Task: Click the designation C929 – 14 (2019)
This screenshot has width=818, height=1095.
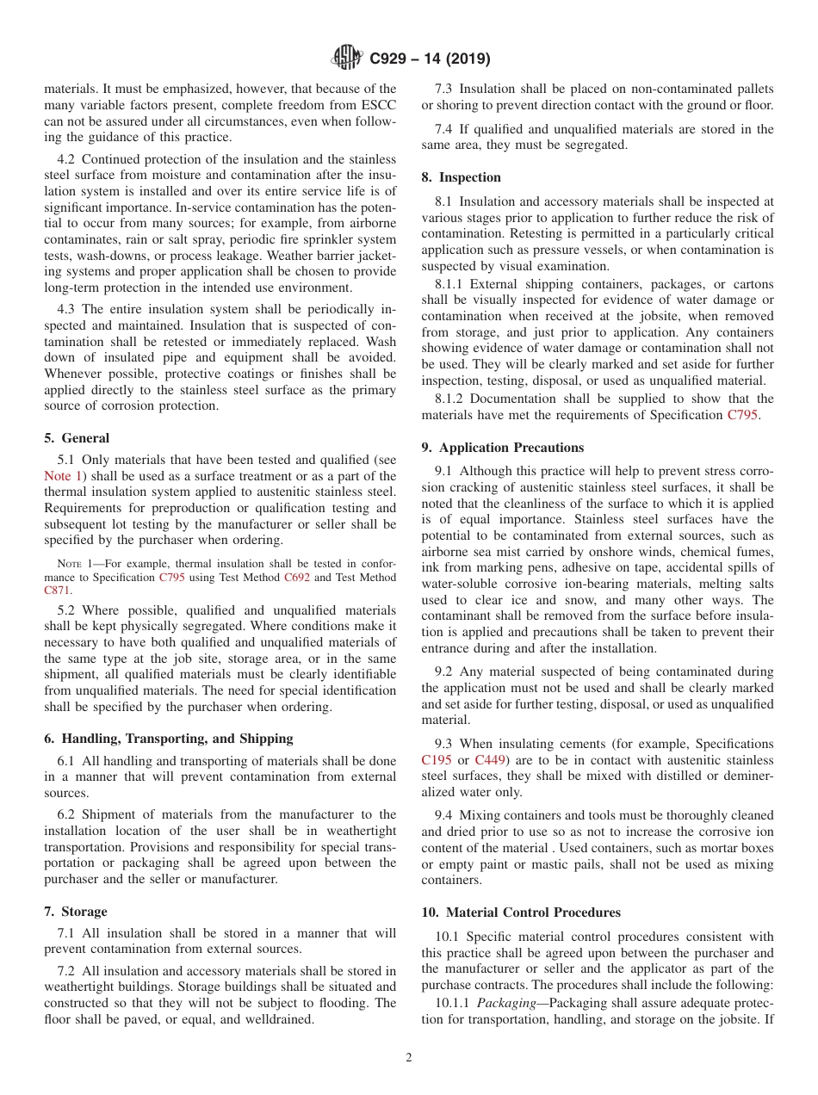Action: pos(430,59)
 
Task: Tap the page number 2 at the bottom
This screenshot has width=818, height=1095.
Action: pos(409,1058)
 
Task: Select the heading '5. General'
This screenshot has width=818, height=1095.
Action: pos(77,438)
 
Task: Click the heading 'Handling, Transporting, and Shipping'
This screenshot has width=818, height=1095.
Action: pos(177,739)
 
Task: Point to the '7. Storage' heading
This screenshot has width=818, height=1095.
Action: pos(76,912)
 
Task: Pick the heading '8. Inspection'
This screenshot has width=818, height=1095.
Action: pos(461,177)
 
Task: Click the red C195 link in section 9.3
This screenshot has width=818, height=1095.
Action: pos(437,760)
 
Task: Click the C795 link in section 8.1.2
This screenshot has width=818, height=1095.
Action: pos(742,415)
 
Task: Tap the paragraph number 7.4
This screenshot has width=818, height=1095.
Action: pos(445,129)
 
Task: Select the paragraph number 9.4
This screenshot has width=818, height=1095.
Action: pos(445,815)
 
